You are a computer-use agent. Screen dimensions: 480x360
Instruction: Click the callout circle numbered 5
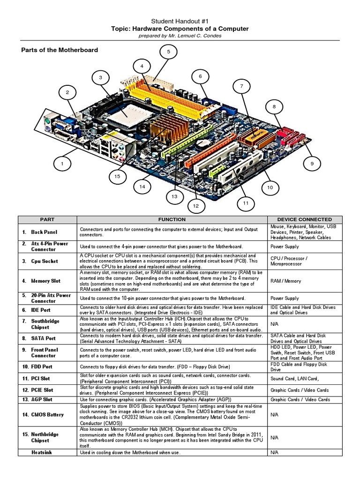pos(168,51)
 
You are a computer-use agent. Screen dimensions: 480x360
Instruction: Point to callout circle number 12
pos(195,205)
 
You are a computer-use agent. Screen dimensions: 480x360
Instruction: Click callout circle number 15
pos(117,176)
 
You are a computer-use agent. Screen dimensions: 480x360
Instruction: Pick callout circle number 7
pos(241,86)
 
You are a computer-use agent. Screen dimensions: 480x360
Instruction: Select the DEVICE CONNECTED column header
pos(304,219)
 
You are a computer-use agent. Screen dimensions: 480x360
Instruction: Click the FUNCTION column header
pos(172,219)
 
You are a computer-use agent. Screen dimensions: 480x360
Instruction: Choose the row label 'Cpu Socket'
pos(45,261)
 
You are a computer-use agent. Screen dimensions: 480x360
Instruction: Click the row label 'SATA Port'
pos(43,338)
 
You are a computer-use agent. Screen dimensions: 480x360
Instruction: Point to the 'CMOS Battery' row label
pos(47,414)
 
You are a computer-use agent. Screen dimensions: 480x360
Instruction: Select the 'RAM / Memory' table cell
pos(285,281)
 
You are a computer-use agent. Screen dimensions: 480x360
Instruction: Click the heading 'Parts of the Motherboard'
pos(60,50)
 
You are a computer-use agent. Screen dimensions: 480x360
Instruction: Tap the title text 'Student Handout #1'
pos(180,22)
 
